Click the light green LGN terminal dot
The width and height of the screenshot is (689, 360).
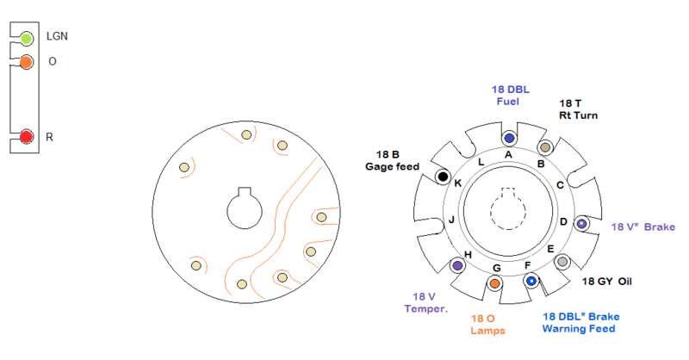pyautogui.click(x=27, y=38)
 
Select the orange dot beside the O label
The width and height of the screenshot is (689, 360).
pyautogui.click(x=27, y=62)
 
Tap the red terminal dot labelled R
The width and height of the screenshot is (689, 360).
pyautogui.click(x=27, y=137)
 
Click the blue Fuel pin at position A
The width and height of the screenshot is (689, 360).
pyautogui.click(x=508, y=138)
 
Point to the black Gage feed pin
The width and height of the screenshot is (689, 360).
pyautogui.click(x=443, y=177)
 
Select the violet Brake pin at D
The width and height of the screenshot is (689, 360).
pyautogui.click(x=581, y=224)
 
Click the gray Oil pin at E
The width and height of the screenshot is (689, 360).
pyautogui.click(x=562, y=261)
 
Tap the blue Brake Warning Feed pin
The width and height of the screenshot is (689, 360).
pyautogui.click(x=531, y=281)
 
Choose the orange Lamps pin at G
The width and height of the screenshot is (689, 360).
pyautogui.click(x=495, y=282)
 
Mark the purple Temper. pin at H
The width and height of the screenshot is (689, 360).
pyautogui.click(x=456, y=265)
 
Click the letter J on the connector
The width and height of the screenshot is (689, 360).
pyautogui.click(x=450, y=220)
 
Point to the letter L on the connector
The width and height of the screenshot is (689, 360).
pyautogui.click(x=481, y=162)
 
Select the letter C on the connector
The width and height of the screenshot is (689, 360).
pyautogui.click(x=560, y=184)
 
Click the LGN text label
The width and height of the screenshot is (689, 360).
pyautogui.click(x=57, y=37)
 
